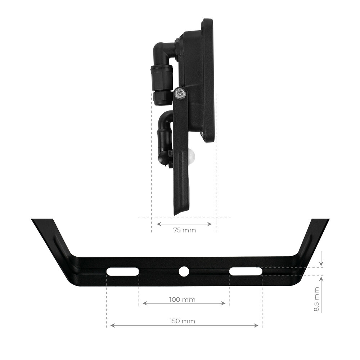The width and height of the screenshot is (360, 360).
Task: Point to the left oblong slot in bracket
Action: (123, 272)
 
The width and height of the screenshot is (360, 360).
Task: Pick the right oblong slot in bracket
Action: (246, 271)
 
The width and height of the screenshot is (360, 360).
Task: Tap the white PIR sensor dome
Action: (191, 156)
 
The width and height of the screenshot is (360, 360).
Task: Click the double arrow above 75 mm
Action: (184, 224)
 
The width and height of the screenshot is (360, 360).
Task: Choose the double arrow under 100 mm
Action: (184, 303)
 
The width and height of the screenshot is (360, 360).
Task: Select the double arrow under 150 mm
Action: (184, 325)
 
